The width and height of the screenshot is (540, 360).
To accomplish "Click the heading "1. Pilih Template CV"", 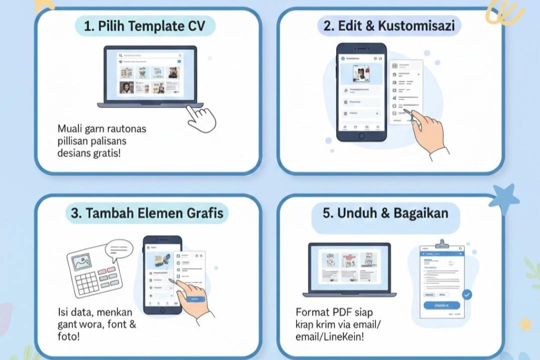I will [x=145, y=26].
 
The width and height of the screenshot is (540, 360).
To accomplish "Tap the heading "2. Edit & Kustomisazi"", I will [x=389, y=26].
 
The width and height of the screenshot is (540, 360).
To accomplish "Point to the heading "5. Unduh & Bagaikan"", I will [x=385, y=213].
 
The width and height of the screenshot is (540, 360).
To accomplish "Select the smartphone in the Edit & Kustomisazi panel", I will [x=361, y=92].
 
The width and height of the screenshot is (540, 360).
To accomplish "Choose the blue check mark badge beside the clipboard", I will [x=467, y=295].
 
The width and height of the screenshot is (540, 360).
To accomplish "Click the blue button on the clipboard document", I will [x=441, y=305].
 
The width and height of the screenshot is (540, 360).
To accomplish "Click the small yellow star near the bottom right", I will [x=525, y=324].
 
